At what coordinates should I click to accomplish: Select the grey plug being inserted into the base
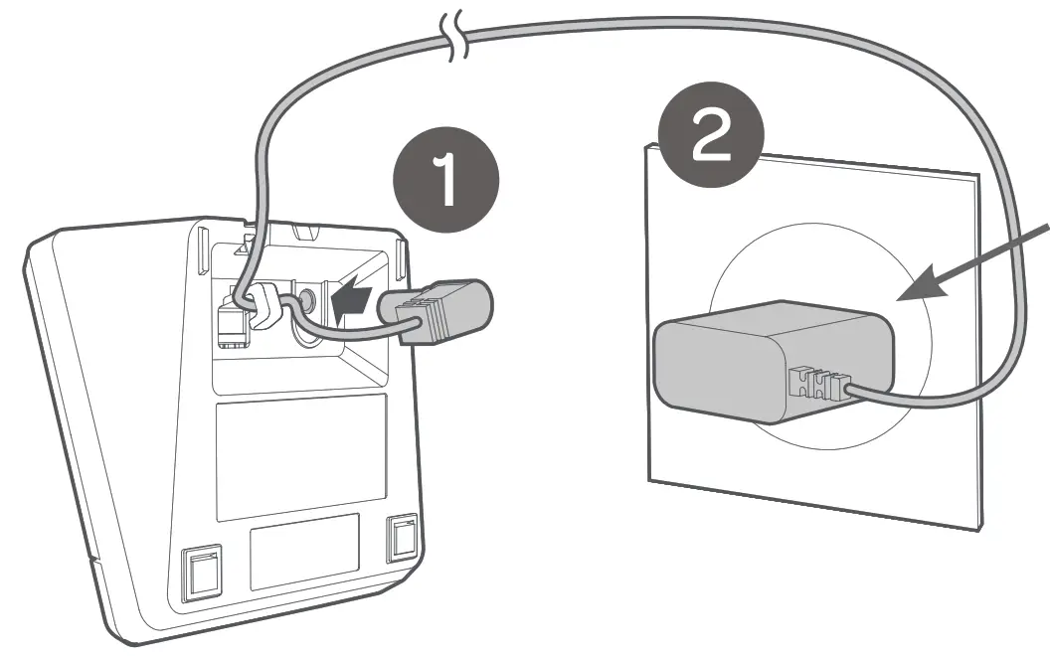point(444,310)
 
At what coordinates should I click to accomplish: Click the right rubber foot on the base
point(403,539)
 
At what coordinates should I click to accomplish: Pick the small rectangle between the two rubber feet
point(303,550)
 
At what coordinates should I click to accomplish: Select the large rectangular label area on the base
point(300,455)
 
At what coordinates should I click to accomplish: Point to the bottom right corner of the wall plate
point(979,531)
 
